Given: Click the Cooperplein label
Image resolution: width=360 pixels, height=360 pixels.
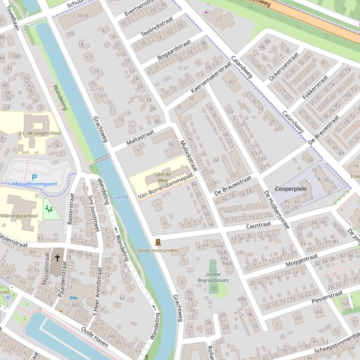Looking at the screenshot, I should pos(290,189).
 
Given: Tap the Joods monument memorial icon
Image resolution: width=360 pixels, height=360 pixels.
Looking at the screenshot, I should pos(158,242).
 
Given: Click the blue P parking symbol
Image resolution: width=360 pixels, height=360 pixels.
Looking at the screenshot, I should pos(34,177).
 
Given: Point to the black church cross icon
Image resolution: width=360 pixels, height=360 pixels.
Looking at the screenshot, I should pos(58,258).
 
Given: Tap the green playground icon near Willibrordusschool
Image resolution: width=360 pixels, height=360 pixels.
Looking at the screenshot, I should pos(48,209).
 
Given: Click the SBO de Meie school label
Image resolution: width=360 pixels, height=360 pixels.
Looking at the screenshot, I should pos(163,177).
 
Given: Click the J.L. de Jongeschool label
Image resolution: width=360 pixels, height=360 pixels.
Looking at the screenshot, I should pos(40,133).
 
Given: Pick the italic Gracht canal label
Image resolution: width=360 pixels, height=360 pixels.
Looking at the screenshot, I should pos(119,197).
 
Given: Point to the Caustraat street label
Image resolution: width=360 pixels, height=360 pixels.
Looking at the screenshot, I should pos(258,225).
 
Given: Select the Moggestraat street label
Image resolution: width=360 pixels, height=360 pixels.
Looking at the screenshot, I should pos(301,261).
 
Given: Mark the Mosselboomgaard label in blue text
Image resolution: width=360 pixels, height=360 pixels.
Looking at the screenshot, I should pos(35,184).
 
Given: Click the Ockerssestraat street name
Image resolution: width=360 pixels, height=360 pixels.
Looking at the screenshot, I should pos(283,66).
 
